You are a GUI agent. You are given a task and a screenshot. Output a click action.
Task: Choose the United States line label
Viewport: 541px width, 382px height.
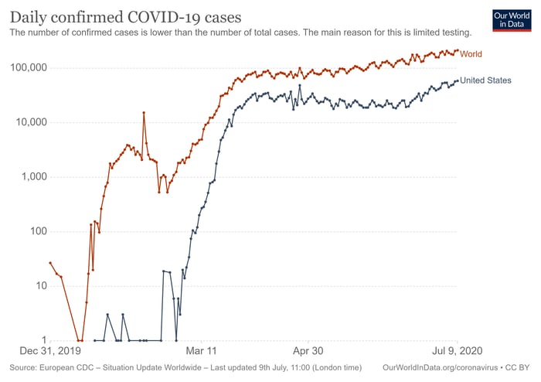coord(485,80)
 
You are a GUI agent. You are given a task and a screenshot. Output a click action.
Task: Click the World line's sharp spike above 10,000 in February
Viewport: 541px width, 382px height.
coord(144,113)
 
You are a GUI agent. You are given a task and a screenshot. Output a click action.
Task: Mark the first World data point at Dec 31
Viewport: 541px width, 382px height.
coord(50,263)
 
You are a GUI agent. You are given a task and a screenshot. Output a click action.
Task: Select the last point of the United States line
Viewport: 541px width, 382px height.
coord(457,80)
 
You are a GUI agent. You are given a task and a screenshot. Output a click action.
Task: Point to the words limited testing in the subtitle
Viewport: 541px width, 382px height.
coord(443,32)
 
